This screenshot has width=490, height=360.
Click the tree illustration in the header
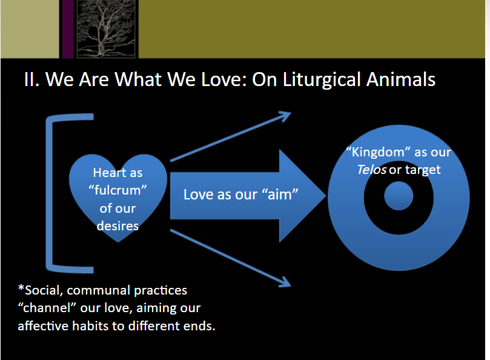coord(106,28)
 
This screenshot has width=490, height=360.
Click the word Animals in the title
coord(401,79)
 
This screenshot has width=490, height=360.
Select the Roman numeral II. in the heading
coord(31,79)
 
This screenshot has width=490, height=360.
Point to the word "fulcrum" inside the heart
coord(118,190)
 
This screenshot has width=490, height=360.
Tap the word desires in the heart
coord(118,226)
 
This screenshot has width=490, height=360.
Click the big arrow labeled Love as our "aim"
coord(248,196)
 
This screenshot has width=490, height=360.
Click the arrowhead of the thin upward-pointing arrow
coord(285,116)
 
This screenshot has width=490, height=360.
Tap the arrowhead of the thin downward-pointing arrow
coord(285,282)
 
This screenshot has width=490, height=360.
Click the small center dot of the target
coord(399,196)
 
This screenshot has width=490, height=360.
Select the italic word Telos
coord(371,170)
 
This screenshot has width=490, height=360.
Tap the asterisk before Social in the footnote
coord(21,288)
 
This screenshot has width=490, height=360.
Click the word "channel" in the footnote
coord(47,308)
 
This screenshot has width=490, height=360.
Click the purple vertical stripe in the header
coord(67,28)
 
